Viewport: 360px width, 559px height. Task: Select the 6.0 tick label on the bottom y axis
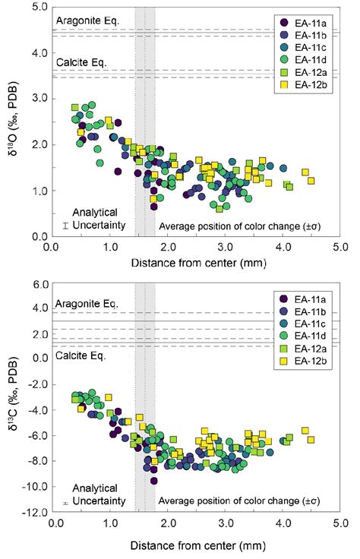[x=36, y=285]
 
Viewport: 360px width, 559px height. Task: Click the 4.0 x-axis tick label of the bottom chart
[x=284, y=524]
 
